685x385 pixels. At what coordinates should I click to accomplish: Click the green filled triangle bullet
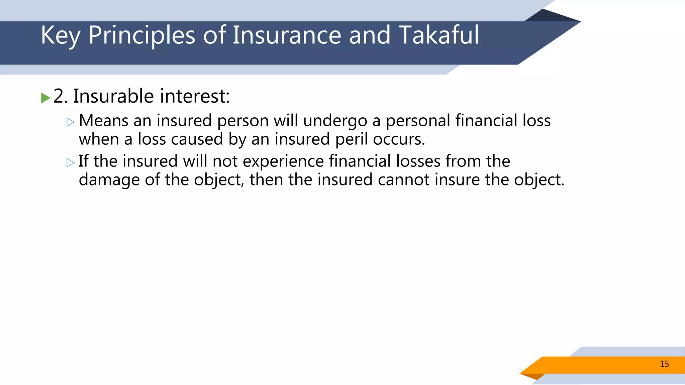(45, 98)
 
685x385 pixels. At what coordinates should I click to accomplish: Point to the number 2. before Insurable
(61, 96)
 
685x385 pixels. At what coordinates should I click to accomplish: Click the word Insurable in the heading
(113, 96)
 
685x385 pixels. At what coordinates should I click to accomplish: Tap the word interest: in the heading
(195, 96)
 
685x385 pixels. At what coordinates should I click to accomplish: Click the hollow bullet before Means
(70, 122)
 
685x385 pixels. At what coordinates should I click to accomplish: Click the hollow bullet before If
(70, 163)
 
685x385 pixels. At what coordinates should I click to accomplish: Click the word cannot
(403, 180)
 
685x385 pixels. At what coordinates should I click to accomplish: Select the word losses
(418, 161)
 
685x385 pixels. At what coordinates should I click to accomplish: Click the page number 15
(664, 364)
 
